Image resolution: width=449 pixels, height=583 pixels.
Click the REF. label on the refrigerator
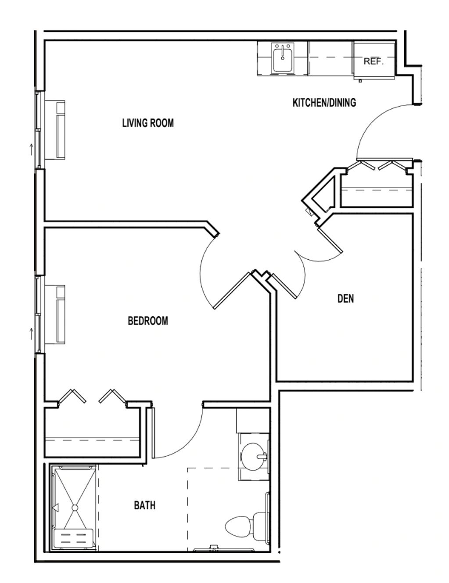tap(374, 61)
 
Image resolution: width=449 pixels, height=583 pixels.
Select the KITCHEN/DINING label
tap(324, 103)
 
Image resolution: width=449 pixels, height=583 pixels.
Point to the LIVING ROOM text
tap(148, 123)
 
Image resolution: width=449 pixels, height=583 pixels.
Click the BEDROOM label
tap(148, 321)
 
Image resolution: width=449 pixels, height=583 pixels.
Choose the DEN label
tap(346, 299)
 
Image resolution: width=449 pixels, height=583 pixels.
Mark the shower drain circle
tap(75, 508)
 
